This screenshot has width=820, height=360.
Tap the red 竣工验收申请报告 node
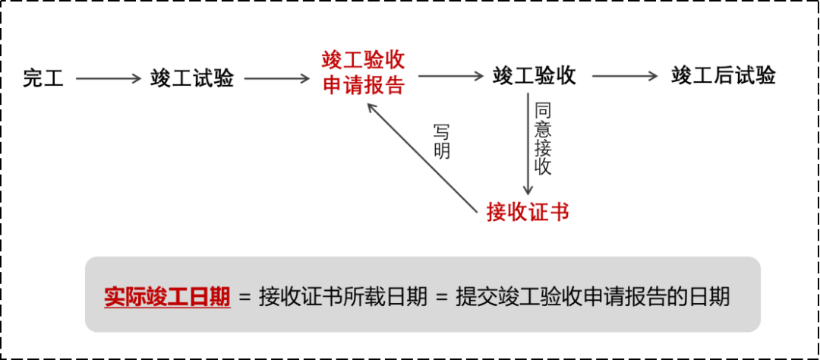(363, 73)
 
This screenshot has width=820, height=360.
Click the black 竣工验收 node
(535, 76)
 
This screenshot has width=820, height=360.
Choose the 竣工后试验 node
(724, 76)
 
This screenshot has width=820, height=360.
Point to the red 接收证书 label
(528, 211)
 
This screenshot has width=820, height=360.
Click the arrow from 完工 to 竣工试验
(109, 77)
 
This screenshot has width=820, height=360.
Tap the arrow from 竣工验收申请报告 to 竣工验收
(451, 77)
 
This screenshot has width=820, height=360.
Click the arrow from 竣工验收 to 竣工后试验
(624, 77)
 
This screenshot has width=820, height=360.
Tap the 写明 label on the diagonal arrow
(442, 141)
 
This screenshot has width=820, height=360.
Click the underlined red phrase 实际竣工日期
(167, 296)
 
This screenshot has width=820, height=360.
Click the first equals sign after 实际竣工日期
(244, 297)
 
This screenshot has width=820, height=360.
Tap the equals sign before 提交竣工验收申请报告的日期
(443, 297)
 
